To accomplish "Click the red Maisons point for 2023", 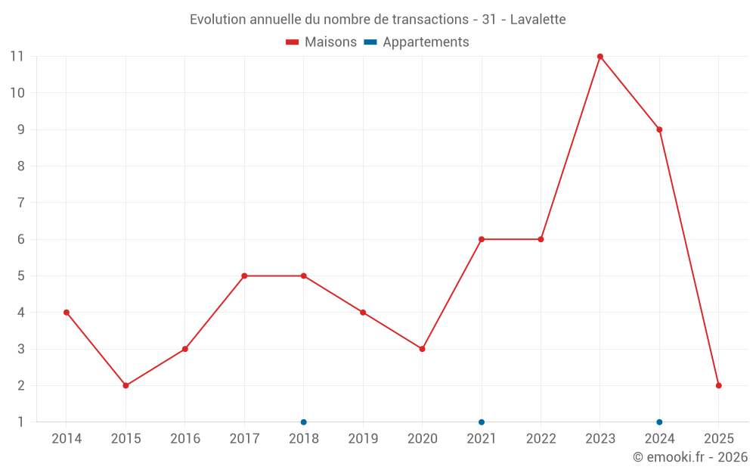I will tap(600, 57).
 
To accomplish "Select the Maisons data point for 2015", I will tap(125, 385).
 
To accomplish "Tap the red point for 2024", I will tap(659, 129).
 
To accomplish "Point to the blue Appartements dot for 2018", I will tap(304, 422).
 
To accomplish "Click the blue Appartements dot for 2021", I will tap(482, 422).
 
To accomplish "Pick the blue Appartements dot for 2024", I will tap(659, 422).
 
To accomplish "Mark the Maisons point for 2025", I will tap(718, 385).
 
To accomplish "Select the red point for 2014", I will tap(67, 313).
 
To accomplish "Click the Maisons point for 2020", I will tap(422, 349).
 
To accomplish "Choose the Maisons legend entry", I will tap(321, 42).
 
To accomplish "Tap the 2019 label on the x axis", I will tap(363, 439).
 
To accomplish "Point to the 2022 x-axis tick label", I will tap(541, 439).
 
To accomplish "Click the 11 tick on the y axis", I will tap(17, 57).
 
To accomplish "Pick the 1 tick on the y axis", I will tap(20, 422).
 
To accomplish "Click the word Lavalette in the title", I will tap(538, 19).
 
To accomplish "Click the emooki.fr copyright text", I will tap(690, 457).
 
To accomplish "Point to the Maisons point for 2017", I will tap(244, 275).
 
